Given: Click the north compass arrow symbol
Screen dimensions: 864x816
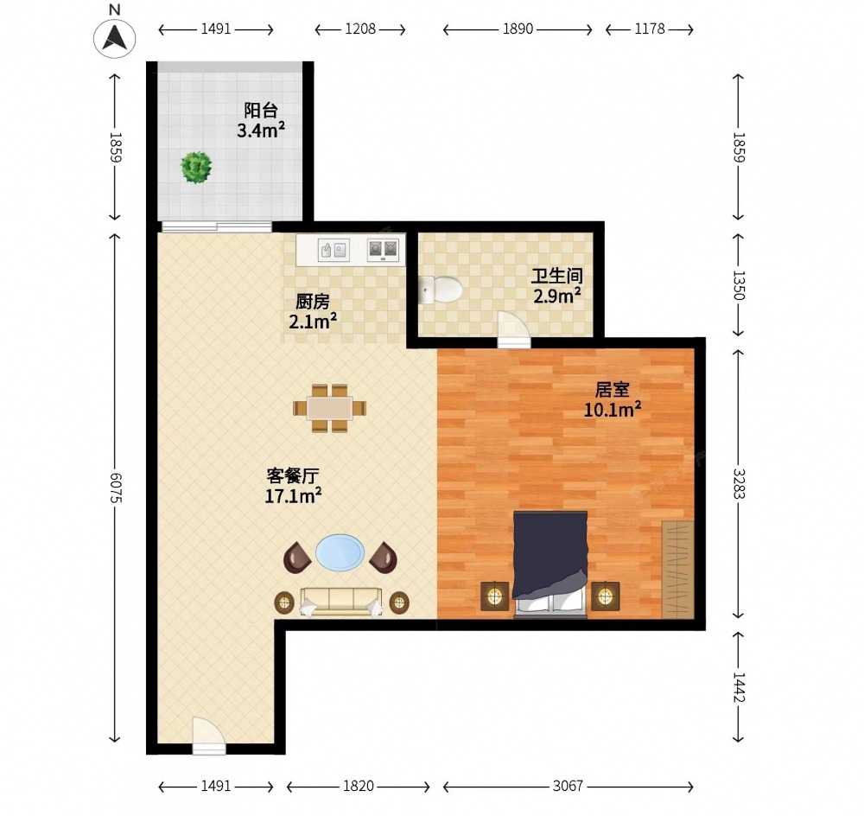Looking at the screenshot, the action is [115, 37].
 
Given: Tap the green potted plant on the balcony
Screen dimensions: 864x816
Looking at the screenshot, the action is [196, 168].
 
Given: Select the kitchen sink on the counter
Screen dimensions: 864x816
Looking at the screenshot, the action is [334, 251].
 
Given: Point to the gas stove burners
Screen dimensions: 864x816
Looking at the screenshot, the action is [383, 250].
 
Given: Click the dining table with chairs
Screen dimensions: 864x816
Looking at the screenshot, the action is [329, 408].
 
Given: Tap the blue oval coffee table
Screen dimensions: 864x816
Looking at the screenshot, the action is [340, 552].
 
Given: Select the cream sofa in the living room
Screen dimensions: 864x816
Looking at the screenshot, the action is [341, 602].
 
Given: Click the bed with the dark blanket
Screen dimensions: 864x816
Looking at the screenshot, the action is [550, 564].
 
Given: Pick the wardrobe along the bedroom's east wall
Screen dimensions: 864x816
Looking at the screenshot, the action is [677, 569].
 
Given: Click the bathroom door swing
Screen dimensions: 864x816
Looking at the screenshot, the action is [513, 329].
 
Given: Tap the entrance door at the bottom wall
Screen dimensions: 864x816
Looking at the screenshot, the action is [209, 735].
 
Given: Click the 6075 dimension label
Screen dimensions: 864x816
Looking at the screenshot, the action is [115, 488].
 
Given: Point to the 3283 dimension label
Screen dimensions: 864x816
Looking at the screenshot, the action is [739, 483].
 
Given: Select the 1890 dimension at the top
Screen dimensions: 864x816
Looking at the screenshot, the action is [518, 29].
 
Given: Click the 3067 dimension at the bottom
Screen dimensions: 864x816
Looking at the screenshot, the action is [568, 786].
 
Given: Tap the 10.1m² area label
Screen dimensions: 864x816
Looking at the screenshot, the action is [613, 410].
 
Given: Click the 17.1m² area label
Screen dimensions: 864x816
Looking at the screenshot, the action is [293, 495].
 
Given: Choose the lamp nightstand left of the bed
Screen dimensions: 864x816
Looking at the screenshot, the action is [495, 596].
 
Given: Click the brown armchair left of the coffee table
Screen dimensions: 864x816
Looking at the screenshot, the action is [297, 558].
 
